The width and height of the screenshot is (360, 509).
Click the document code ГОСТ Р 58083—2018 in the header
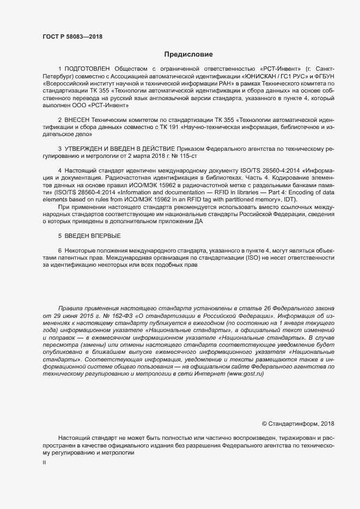pyautogui.click(x=72, y=37)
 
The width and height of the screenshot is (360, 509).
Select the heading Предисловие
pyautogui.click(x=188, y=54)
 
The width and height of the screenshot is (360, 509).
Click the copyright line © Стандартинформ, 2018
pyautogui.click(x=298, y=423)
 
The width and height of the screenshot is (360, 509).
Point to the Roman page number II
pyautogui.click(x=45, y=462)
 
